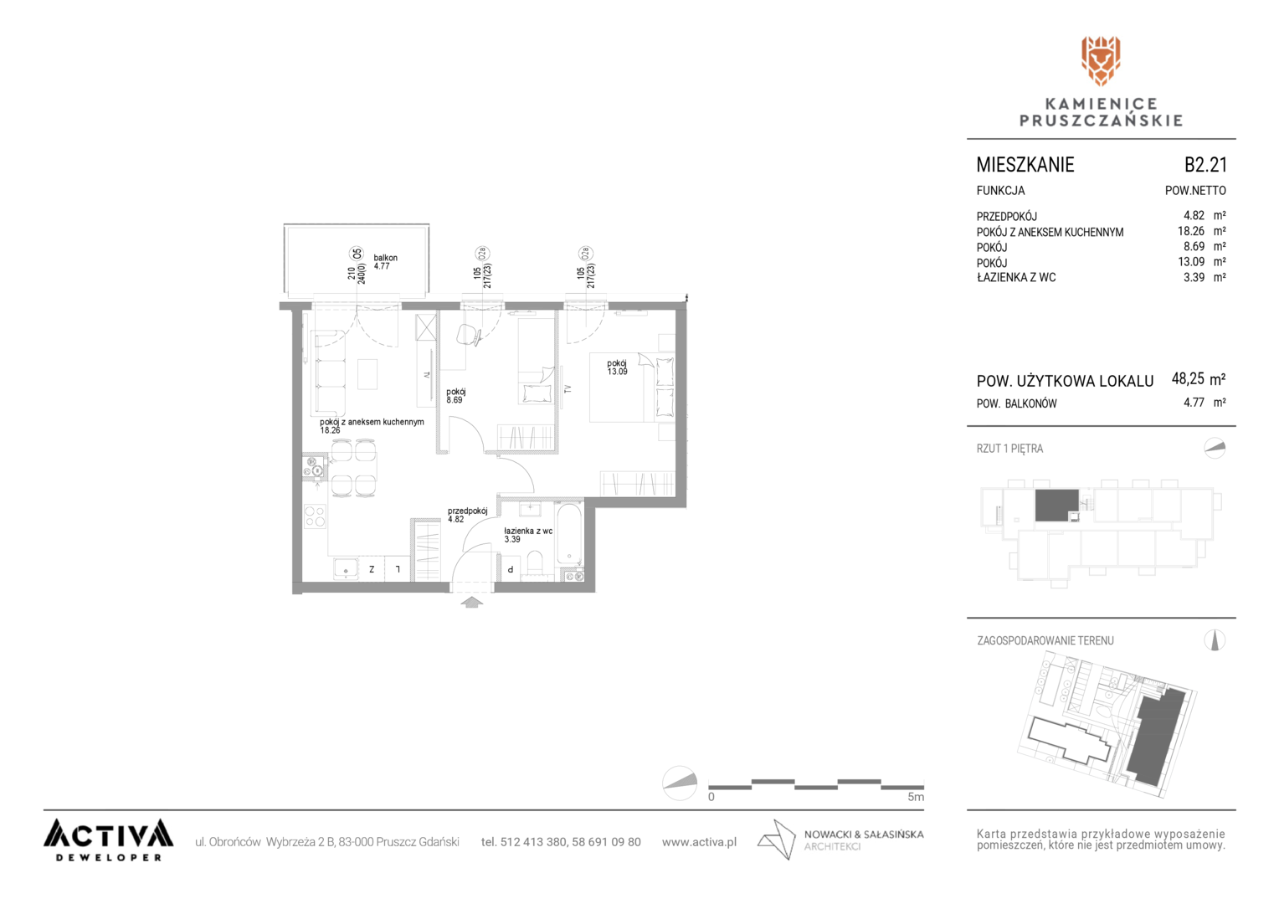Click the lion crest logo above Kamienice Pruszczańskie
tap(1100, 61)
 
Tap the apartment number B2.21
tap(1205, 164)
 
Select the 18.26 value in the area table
tap(1190, 231)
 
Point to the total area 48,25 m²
tap(1199, 378)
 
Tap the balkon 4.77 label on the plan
tap(385, 261)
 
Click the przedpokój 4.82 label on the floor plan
tap(467, 515)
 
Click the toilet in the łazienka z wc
tap(535, 563)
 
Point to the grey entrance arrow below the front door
tap(471, 602)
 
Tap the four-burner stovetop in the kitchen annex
tap(314, 516)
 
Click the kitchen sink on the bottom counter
tap(346, 569)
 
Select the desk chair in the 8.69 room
tap(468, 335)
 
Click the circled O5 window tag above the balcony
tap(357, 253)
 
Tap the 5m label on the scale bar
tap(915, 797)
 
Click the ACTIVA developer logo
tap(109, 840)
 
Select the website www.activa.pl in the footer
tap(699, 842)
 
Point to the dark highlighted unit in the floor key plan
tap(1057, 505)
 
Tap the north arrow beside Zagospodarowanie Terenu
tap(1215, 640)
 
